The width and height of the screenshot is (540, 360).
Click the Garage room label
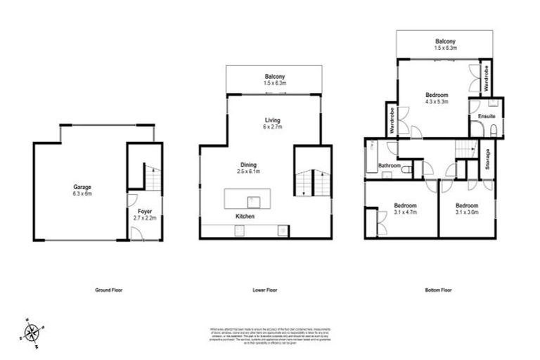tap(83, 187)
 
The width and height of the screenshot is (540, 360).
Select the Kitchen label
tap(245, 217)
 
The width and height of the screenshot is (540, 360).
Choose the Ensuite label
tap(487, 115)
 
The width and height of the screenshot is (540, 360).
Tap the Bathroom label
tap(390, 166)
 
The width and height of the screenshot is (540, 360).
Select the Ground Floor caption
tap(109, 290)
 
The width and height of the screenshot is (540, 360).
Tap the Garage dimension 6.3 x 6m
tap(83, 193)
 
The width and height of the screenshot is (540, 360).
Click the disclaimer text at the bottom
tap(270, 335)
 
